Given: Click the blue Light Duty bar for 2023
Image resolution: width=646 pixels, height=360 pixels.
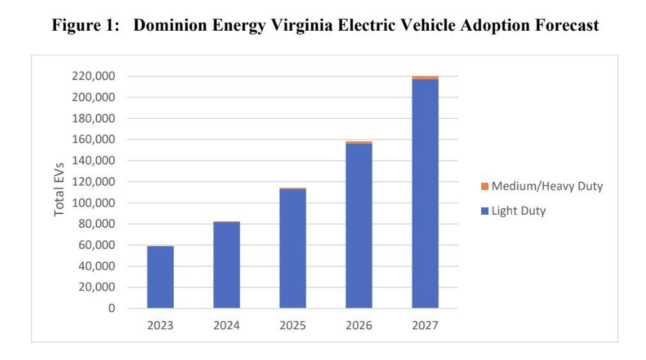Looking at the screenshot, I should [x=160, y=277].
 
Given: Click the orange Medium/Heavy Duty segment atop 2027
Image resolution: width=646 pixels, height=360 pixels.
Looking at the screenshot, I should [x=425, y=77].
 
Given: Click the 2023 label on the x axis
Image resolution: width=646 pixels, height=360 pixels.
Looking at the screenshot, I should [x=160, y=325].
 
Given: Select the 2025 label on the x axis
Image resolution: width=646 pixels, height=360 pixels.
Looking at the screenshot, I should [x=293, y=325].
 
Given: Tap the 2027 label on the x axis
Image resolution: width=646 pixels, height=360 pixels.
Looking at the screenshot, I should [x=425, y=325].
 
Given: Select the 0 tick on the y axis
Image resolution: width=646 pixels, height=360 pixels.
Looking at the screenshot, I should [x=111, y=308].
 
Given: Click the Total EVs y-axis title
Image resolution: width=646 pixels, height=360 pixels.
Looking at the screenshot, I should [x=59, y=189].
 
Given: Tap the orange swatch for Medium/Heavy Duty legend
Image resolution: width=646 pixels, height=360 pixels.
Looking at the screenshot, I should [x=484, y=186].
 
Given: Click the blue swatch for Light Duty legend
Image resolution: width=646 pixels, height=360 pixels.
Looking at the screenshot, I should [x=484, y=211].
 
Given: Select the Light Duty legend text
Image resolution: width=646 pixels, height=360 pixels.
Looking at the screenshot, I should [x=518, y=211].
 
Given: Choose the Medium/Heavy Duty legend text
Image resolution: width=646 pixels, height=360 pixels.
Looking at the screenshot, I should [x=546, y=186].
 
